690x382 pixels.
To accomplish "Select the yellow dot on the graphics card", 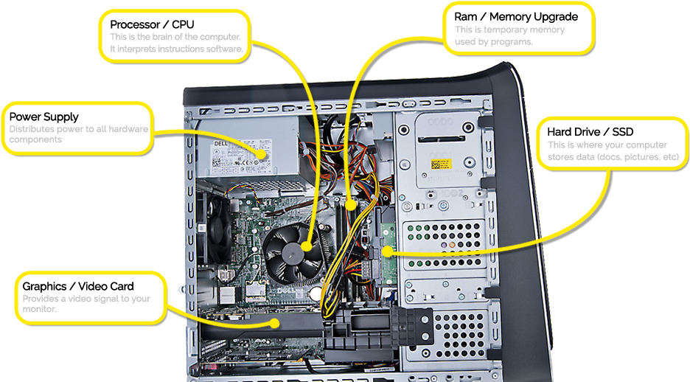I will tap(275, 322).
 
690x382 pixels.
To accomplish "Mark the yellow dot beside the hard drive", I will tap(387, 251).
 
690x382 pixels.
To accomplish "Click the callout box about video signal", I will tap(89, 298).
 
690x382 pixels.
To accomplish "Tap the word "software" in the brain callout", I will tap(223, 49).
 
